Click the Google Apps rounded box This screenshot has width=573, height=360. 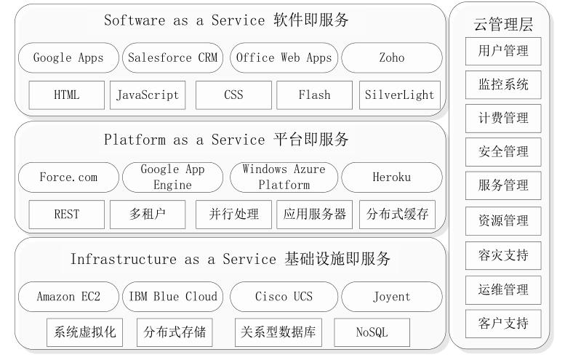coord(68,57)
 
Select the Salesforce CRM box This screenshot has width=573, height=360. coord(173,57)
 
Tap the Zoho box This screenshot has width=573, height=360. coord(392,57)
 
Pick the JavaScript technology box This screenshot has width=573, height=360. coord(148,95)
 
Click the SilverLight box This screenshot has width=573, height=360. coord(400,95)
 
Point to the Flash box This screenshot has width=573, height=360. coord(315,95)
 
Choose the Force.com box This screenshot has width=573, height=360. coord(68,177)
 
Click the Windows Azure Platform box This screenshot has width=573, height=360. coord(284,177)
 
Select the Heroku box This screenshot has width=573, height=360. coord(392,177)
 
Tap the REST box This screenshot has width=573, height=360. coord(66,214)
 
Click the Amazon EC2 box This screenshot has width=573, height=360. coord(68,297)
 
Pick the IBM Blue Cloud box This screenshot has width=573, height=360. coord(173,297)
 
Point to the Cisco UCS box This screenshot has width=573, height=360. coord(284,297)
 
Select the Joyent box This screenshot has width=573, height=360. coord(392,297)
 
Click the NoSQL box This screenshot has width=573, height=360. coord(372,332)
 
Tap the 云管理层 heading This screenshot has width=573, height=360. coord(503,25)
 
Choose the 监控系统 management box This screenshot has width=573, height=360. coord(503,85)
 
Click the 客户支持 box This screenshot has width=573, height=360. coord(503,324)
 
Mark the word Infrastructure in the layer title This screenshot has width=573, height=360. coord(124,259)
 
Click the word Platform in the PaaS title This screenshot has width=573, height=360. coord(135,140)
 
